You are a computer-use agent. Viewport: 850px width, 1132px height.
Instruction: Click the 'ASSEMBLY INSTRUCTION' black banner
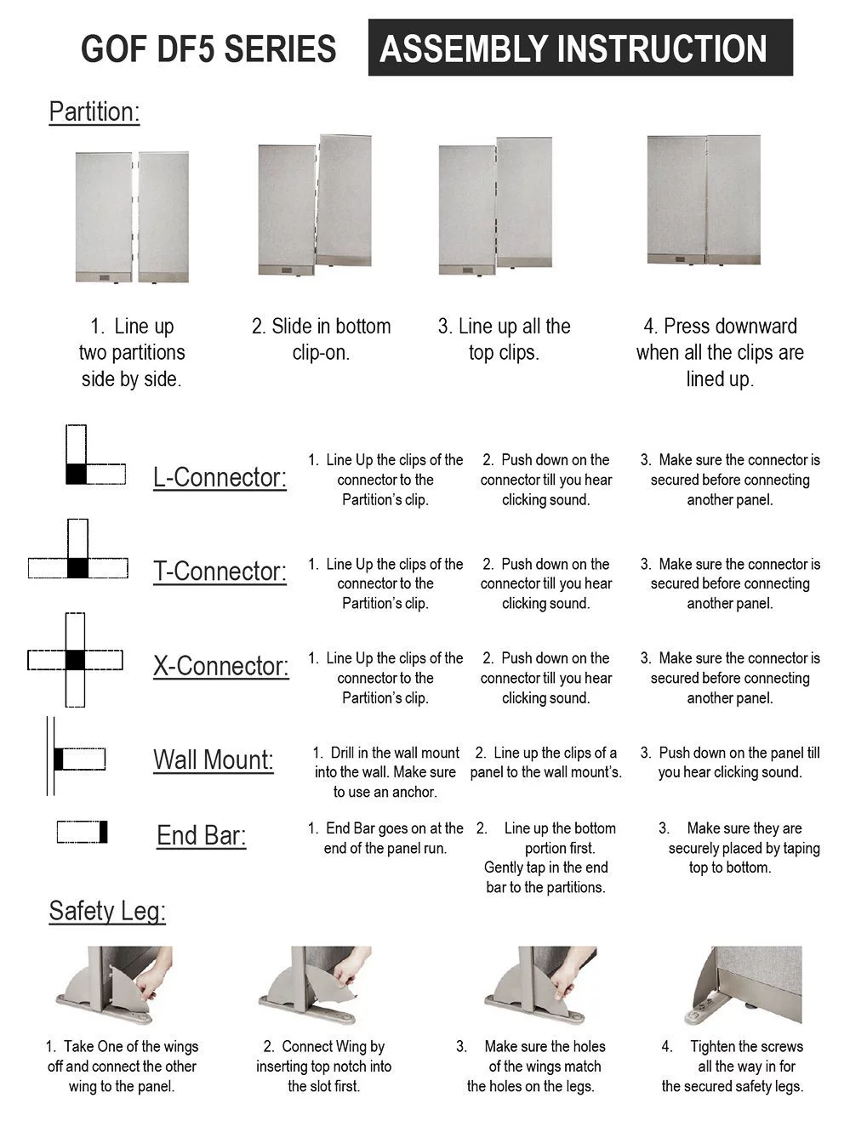[x=580, y=48]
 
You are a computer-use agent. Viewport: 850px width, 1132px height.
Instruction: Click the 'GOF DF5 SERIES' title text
[x=208, y=49]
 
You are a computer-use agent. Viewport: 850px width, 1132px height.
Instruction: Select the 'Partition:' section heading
[x=94, y=112]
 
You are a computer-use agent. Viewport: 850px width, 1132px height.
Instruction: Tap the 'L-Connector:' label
[x=220, y=477]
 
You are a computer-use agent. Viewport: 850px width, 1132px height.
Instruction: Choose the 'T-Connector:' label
[x=220, y=572]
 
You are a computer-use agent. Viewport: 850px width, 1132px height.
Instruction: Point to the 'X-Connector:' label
[x=220, y=666]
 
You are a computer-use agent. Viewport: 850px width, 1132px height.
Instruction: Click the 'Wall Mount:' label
[x=213, y=759]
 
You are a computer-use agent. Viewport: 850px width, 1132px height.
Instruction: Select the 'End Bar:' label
[x=201, y=836]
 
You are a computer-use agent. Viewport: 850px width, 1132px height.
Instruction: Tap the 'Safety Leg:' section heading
[x=107, y=911]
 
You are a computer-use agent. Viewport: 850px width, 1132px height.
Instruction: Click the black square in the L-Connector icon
[x=77, y=474]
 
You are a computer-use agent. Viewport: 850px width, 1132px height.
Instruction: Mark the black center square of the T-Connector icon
[x=77, y=568]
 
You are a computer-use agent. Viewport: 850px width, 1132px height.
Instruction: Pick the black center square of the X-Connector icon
[x=75, y=659]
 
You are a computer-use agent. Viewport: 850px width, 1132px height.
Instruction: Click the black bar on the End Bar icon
[x=103, y=832]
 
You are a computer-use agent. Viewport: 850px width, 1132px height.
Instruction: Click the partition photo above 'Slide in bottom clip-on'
[x=315, y=207]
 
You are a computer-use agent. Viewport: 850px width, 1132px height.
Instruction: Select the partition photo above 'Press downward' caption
[x=704, y=201]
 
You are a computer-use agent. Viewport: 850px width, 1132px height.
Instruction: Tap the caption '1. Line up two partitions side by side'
[x=132, y=353]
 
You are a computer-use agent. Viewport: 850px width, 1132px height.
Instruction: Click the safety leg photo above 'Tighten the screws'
[x=743, y=986]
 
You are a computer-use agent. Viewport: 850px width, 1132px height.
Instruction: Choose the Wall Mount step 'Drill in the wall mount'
[x=386, y=772]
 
